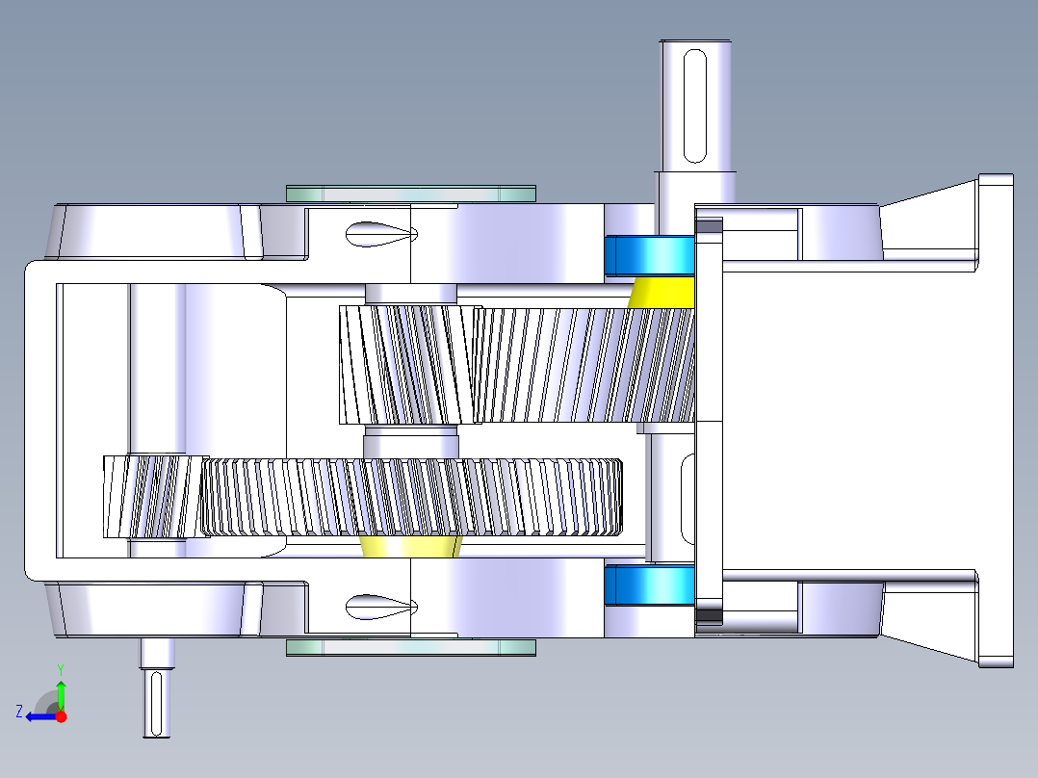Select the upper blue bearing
click(648, 255)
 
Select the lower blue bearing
click(648, 585)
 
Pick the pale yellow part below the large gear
click(409, 548)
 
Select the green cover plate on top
click(410, 194)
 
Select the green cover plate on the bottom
click(410, 647)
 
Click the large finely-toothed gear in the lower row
click(414, 497)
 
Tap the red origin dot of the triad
click(61, 716)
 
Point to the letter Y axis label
click(60, 668)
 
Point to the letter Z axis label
click(18, 712)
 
